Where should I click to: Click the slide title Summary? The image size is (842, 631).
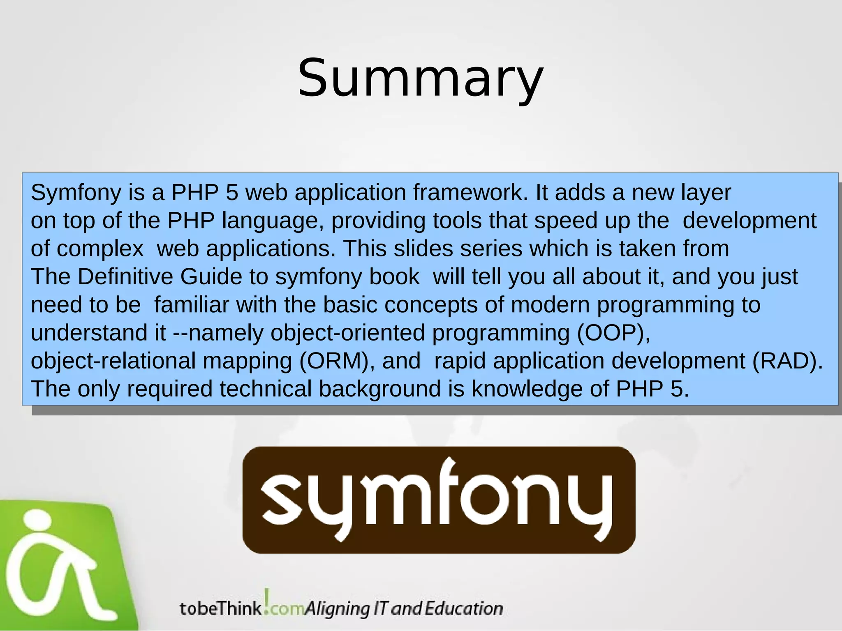click(x=421, y=78)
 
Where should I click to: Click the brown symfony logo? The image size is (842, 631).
click(x=439, y=500)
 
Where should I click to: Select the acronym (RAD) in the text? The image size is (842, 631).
click(x=787, y=361)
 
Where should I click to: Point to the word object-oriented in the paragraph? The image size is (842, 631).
click(x=347, y=332)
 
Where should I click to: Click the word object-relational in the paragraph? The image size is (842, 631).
click(x=113, y=361)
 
